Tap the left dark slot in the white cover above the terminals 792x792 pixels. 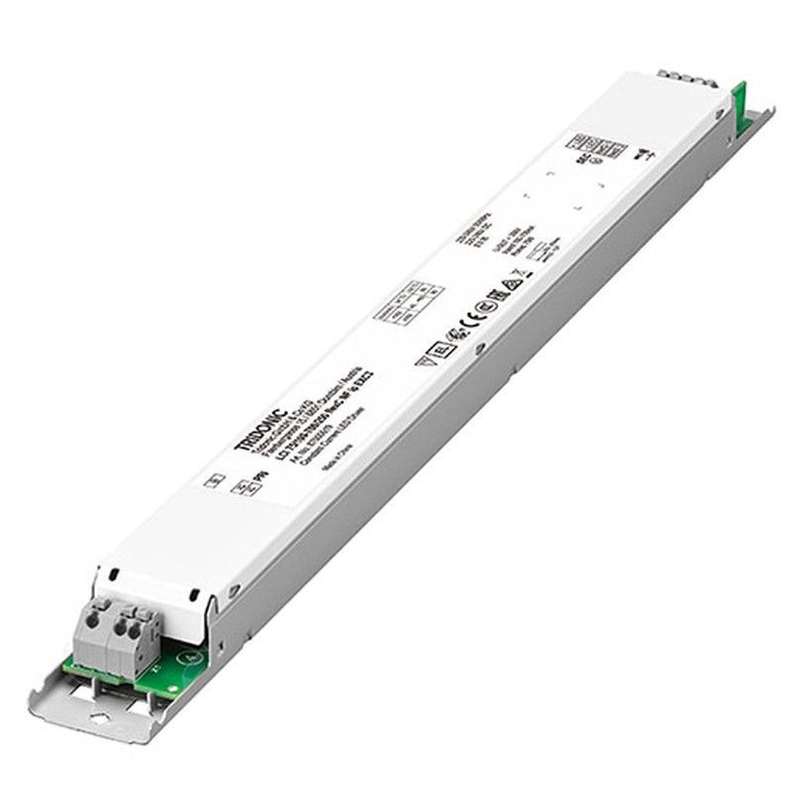tap(114, 573)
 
